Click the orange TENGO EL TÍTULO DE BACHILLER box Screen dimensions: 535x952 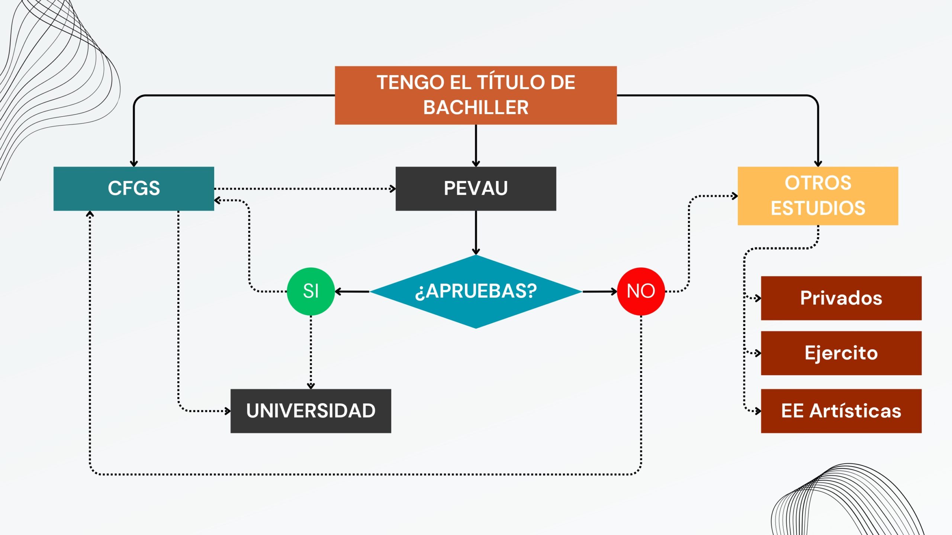[x=476, y=95]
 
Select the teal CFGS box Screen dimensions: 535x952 [x=134, y=188]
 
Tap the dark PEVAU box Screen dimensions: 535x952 [x=476, y=188]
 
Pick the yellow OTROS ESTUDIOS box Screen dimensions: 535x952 [x=818, y=196]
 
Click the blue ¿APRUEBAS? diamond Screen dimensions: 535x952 [x=476, y=291]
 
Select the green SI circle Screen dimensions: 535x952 [x=311, y=291]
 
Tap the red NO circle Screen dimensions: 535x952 [x=641, y=291]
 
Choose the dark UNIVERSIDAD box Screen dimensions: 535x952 [x=311, y=411]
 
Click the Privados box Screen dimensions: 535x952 [x=841, y=298]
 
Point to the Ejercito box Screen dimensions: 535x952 [x=841, y=353]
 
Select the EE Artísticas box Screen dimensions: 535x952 [x=841, y=411]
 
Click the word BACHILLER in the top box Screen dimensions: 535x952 [x=476, y=108]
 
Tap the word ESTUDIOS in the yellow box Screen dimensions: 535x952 [x=818, y=208]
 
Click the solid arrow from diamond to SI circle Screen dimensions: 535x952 [x=352, y=292]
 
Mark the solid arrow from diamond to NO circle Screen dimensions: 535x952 [x=599, y=292]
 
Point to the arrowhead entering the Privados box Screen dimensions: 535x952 [x=758, y=298]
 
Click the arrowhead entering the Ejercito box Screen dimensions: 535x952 [x=758, y=353]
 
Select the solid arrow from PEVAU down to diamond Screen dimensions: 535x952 [x=476, y=232]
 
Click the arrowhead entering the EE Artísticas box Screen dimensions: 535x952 [x=758, y=411]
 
